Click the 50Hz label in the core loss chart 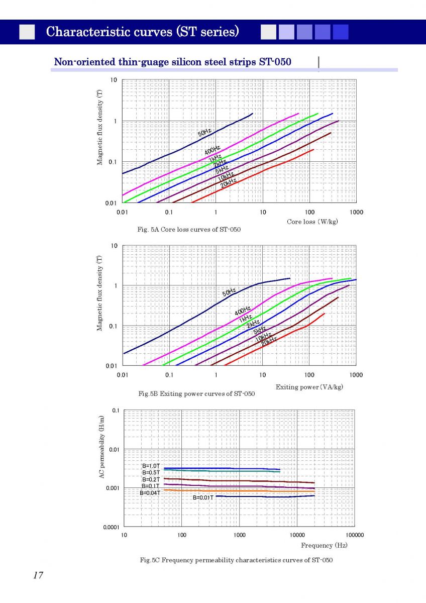pyautogui.click(x=205, y=132)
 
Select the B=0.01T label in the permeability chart pyautogui.click(x=203, y=497)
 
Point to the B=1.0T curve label pyautogui.click(x=151, y=466)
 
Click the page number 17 pyautogui.click(x=38, y=575)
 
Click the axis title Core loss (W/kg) pyautogui.click(x=312, y=222)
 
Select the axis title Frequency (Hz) pyautogui.click(x=324, y=545)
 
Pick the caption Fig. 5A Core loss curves pyautogui.click(x=189, y=229)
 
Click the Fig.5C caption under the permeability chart pyautogui.click(x=236, y=560)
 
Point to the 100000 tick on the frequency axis pyautogui.click(x=355, y=535)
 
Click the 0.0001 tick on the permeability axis pyautogui.click(x=111, y=527)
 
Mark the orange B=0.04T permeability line pyautogui.click(x=239, y=491)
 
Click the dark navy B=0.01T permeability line pyautogui.click(x=265, y=496)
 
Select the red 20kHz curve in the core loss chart pyautogui.click(x=252, y=176)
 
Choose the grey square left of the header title pyautogui.click(x=27, y=32)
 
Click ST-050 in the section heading pyautogui.click(x=275, y=62)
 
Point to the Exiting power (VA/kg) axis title pyautogui.click(x=309, y=387)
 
